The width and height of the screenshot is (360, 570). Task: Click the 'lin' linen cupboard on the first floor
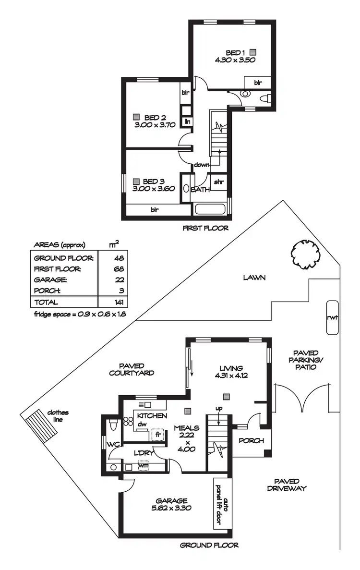[187, 121]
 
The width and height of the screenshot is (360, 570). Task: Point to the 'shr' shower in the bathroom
[219, 182]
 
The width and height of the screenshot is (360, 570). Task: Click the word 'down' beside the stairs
[202, 165]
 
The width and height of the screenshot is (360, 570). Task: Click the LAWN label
[254, 278]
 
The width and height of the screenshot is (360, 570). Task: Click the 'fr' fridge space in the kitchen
[157, 435]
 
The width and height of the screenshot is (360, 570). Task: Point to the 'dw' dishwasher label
[142, 424]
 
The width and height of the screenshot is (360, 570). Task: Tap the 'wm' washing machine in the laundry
[143, 465]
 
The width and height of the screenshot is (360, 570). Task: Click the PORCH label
[251, 440]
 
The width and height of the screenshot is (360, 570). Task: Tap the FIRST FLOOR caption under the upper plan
[205, 228]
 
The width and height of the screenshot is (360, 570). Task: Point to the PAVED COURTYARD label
[131, 369]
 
